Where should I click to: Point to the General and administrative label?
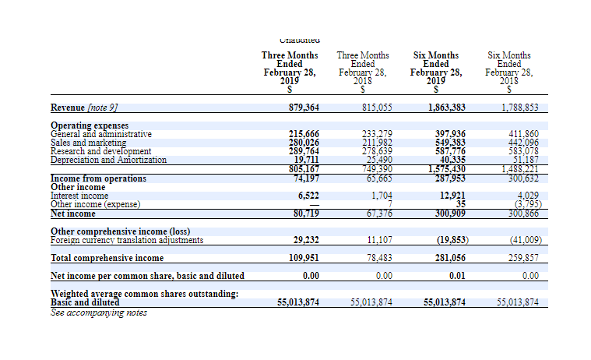point(101,134)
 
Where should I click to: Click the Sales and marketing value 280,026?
point(304,143)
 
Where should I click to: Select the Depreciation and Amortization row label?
point(108,160)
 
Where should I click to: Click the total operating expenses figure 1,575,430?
point(447,169)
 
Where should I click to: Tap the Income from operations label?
point(98,178)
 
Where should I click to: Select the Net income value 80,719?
point(304,213)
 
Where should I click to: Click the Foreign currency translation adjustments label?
point(127,240)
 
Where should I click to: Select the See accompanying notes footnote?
point(98,312)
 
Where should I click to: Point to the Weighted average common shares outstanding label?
point(144,293)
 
